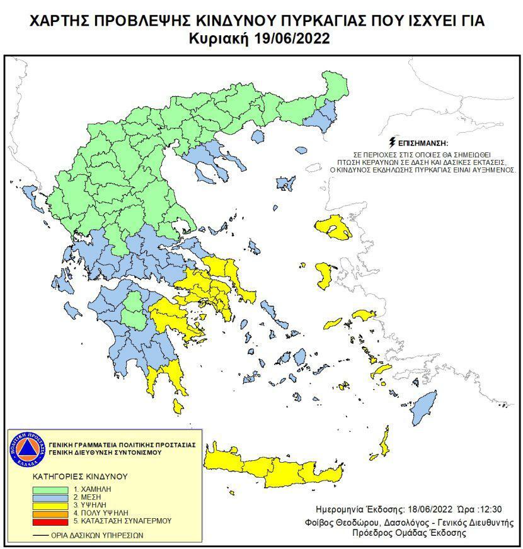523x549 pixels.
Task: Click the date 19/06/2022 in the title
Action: (293, 39)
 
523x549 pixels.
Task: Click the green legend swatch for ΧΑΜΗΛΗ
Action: (51, 489)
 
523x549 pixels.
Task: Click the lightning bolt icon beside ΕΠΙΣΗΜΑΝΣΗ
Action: (394, 142)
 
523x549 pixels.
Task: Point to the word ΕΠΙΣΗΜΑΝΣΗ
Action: (420, 144)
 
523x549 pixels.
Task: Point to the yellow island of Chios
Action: (325, 276)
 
